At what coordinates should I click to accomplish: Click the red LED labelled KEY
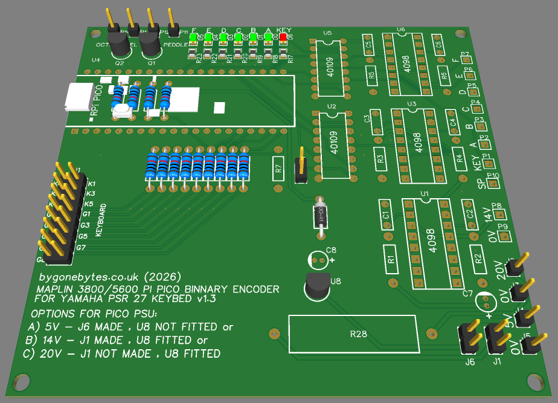(x=283, y=37)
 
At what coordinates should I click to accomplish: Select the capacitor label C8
(x=331, y=249)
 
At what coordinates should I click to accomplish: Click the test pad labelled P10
(x=494, y=179)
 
